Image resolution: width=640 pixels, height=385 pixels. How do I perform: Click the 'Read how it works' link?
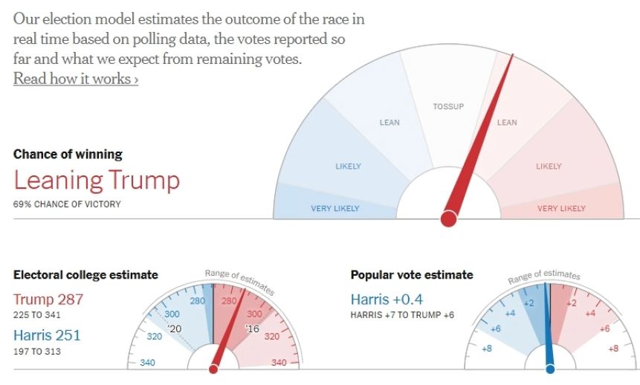pyautogui.click(x=75, y=78)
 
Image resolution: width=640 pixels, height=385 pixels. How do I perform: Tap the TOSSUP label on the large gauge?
pyautogui.click(x=448, y=107)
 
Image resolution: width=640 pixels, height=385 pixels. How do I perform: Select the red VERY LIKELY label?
pyautogui.click(x=561, y=209)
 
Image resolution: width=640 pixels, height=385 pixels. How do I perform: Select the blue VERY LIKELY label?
pyautogui.click(x=334, y=209)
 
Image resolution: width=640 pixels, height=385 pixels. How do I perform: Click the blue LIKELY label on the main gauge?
pyautogui.click(x=348, y=166)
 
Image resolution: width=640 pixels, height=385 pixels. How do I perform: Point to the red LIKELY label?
pyautogui.click(x=549, y=166)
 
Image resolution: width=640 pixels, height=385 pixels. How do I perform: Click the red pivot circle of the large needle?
pyautogui.click(x=448, y=219)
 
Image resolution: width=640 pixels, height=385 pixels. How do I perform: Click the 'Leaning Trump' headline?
pyautogui.click(x=97, y=181)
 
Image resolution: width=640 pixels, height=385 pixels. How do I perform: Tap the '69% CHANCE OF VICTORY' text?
pyautogui.click(x=66, y=204)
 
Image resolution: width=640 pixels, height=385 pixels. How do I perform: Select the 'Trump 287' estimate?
pyautogui.click(x=48, y=300)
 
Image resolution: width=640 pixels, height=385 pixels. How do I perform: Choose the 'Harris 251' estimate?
pyautogui.click(x=47, y=335)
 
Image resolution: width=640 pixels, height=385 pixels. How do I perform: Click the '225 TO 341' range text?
pyautogui.click(x=37, y=315)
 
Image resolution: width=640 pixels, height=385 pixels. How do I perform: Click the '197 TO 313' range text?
pyautogui.click(x=37, y=351)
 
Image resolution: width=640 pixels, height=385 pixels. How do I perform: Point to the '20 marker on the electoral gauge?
pyautogui.click(x=175, y=329)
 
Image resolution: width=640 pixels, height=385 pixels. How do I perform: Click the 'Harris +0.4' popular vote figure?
pyautogui.click(x=388, y=300)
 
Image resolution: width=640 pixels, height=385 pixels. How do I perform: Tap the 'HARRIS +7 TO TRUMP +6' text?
pyautogui.click(x=402, y=315)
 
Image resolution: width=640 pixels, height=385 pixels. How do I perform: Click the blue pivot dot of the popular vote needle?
pyautogui.click(x=550, y=368)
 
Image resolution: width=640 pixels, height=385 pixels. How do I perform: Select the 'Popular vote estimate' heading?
pyautogui.click(x=411, y=275)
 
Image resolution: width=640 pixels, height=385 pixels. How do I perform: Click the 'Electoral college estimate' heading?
pyautogui.click(x=85, y=275)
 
